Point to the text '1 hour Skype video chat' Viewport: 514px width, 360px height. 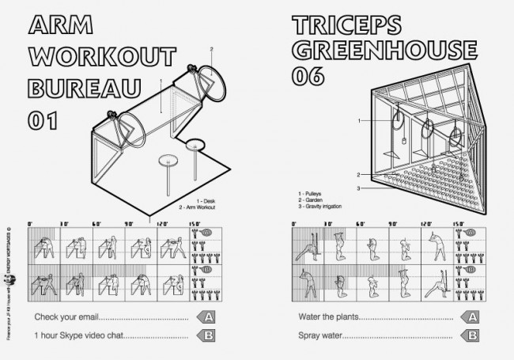point(77,336)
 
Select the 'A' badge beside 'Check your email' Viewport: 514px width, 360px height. point(206,318)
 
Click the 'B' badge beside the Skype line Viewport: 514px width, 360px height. point(206,336)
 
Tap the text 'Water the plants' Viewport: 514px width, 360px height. point(324,318)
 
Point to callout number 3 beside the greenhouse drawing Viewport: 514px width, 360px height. point(358,188)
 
